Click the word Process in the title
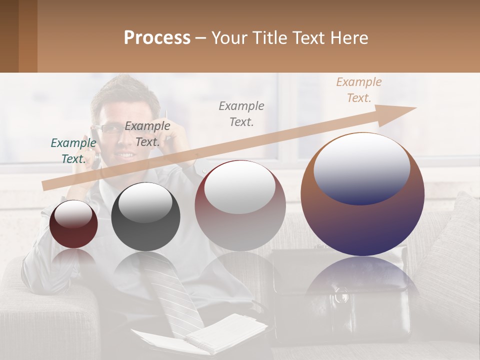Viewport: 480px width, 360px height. pos(157,38)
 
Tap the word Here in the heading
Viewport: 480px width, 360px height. pos(347,38)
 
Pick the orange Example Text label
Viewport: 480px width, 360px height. pos(358,90)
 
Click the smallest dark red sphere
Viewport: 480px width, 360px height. pos(73,224)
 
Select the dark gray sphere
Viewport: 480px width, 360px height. pos(145,217)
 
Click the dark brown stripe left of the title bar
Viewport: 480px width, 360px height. pos(9,36)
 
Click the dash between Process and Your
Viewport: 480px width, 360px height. pos(201,38)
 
